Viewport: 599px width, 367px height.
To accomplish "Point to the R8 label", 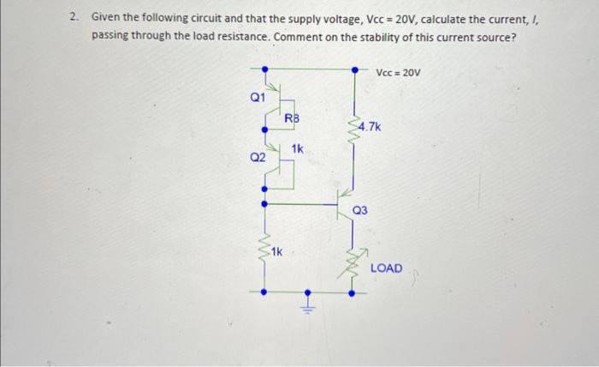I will click(292, 117).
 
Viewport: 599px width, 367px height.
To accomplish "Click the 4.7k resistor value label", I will click(371, 128).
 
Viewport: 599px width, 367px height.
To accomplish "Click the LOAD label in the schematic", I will click(386, 268).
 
